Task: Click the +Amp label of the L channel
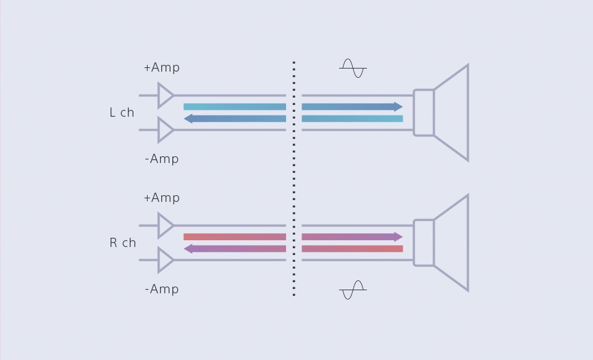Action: (x=161, y=67)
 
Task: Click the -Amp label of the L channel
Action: (x=161, y=159)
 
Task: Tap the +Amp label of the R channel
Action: (x=161, y=198)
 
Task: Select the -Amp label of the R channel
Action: (x=161, y=289)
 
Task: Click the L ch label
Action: (x=122, y=112)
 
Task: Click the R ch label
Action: (x=122, y=243)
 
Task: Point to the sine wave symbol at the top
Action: (x=353, y=68)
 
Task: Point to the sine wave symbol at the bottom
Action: (x=353, y=290)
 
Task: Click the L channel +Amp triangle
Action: (x=165, y=96)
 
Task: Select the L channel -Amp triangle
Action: (x=165, y=130)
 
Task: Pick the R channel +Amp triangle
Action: (x=165, y=225)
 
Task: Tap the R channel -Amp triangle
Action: (x=165, y=260)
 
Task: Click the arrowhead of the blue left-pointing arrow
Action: (x=188, y=119)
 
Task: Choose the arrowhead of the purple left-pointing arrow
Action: (x=188, y=249)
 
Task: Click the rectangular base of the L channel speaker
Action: (x=424, y=112)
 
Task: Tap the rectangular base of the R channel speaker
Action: (x=424, y=243)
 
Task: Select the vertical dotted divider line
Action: (x=293, y=179)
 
